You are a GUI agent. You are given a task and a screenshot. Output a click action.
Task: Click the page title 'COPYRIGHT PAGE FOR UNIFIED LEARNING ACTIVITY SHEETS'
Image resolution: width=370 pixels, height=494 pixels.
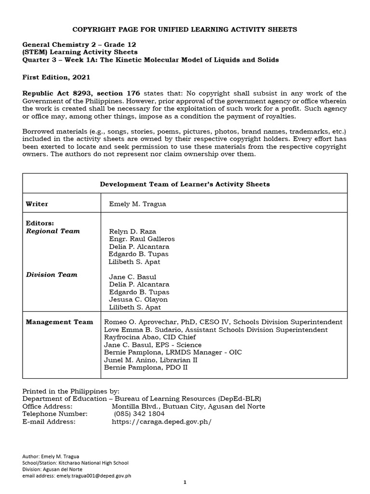[185, 29]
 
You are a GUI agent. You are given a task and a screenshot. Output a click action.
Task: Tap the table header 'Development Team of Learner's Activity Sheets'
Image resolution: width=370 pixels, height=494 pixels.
[185, 184]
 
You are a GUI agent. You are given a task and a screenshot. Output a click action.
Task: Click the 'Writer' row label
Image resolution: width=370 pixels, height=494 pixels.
[37, 204]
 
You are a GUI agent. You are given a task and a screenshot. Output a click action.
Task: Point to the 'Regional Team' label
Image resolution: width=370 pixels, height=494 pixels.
[53, 231]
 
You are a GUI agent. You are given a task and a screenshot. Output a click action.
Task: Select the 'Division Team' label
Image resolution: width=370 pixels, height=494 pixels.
[52, 274]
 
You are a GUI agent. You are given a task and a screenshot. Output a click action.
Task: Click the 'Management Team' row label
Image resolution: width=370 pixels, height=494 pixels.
[59, 322]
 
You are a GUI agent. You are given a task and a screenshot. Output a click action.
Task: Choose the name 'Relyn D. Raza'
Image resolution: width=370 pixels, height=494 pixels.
[132, 232]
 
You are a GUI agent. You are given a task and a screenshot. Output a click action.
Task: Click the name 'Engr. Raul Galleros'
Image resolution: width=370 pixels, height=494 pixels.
[142, 239]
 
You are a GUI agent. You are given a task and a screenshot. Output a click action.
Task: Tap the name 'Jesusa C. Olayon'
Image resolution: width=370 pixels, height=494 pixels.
[139, 300]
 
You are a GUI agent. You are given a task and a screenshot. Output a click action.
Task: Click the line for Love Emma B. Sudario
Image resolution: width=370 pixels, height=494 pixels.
[215, 329]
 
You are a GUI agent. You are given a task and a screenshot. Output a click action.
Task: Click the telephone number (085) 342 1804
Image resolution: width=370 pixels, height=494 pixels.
[139, 414]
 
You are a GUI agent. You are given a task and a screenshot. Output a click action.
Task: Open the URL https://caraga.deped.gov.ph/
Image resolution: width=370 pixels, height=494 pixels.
[161, 422]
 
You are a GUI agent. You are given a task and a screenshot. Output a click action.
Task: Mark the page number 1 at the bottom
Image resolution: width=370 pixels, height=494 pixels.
[185, 482]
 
